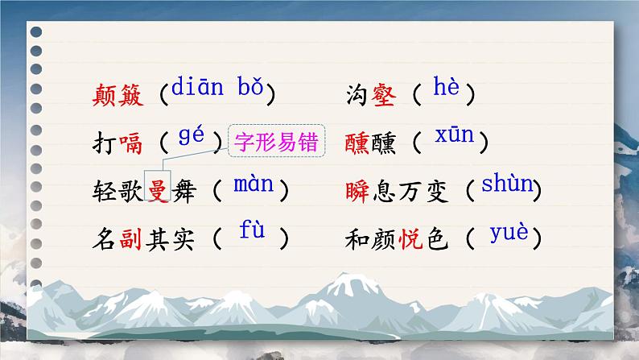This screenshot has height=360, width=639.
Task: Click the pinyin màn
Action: [x=253, y=184]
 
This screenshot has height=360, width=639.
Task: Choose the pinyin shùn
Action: [x=507, y=184]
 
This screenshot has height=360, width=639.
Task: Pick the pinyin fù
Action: [x=251, y=231]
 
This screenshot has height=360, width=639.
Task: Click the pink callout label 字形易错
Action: [x=276, y=144]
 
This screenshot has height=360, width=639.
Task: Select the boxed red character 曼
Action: [x=157, y=191]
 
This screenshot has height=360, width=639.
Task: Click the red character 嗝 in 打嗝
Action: [x=131, y=145]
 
